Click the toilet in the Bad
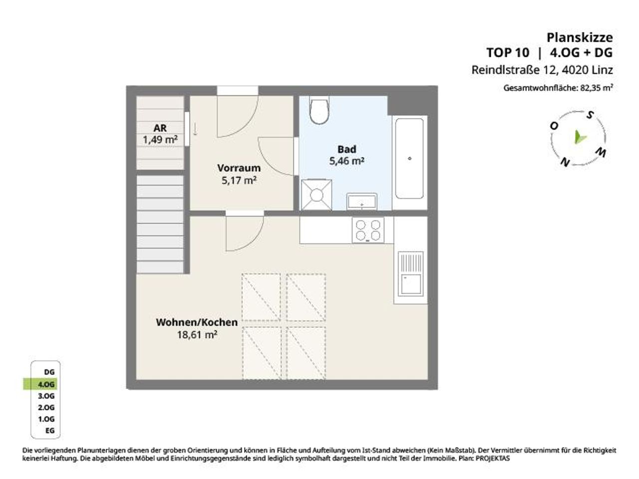[x=319, y=110]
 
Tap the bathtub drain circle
[x=409, y=159]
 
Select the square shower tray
[x=317, y=195]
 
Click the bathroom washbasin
[x=362, y=201]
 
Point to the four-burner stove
[x=368, y=230]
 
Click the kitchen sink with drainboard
[x=410, y=273]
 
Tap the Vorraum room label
[x=239, y=168]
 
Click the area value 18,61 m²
[x=197, y=335]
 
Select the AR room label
[x=160, y=128]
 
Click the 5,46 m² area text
[x=347, y=161]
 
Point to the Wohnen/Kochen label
[x=197, y=322]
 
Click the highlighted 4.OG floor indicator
[x=40, y=384]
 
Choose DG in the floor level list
[x=49, y=372]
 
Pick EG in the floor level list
[x=50, y=431]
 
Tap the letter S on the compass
[x=590, y=115]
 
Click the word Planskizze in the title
[x=580, y=37]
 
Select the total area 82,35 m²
[x=597, y=87]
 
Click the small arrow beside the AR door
[x=195, y=129]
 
